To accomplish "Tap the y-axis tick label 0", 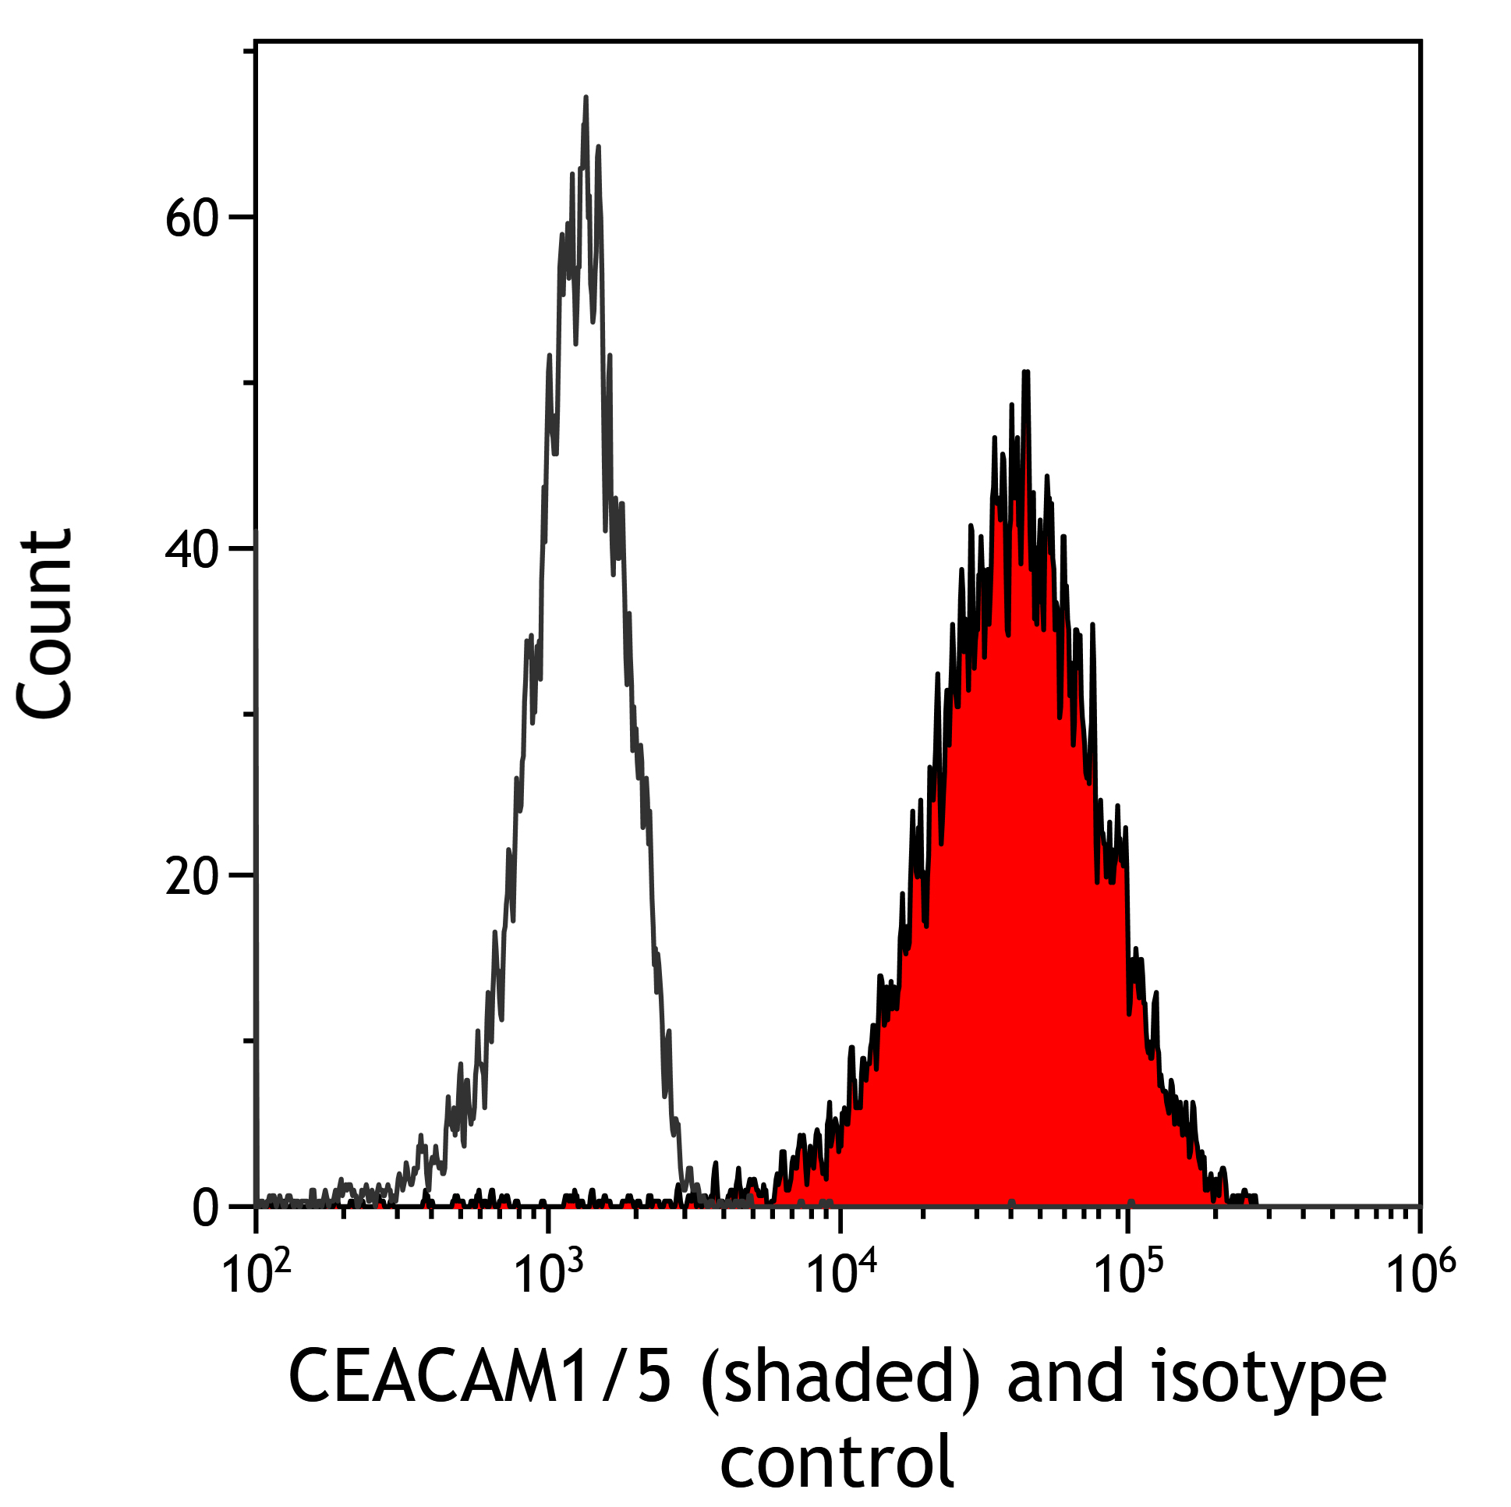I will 207,1208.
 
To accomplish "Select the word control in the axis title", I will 837,1461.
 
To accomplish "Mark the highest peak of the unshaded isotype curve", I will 586,98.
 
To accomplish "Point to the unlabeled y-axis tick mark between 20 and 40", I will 249,714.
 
